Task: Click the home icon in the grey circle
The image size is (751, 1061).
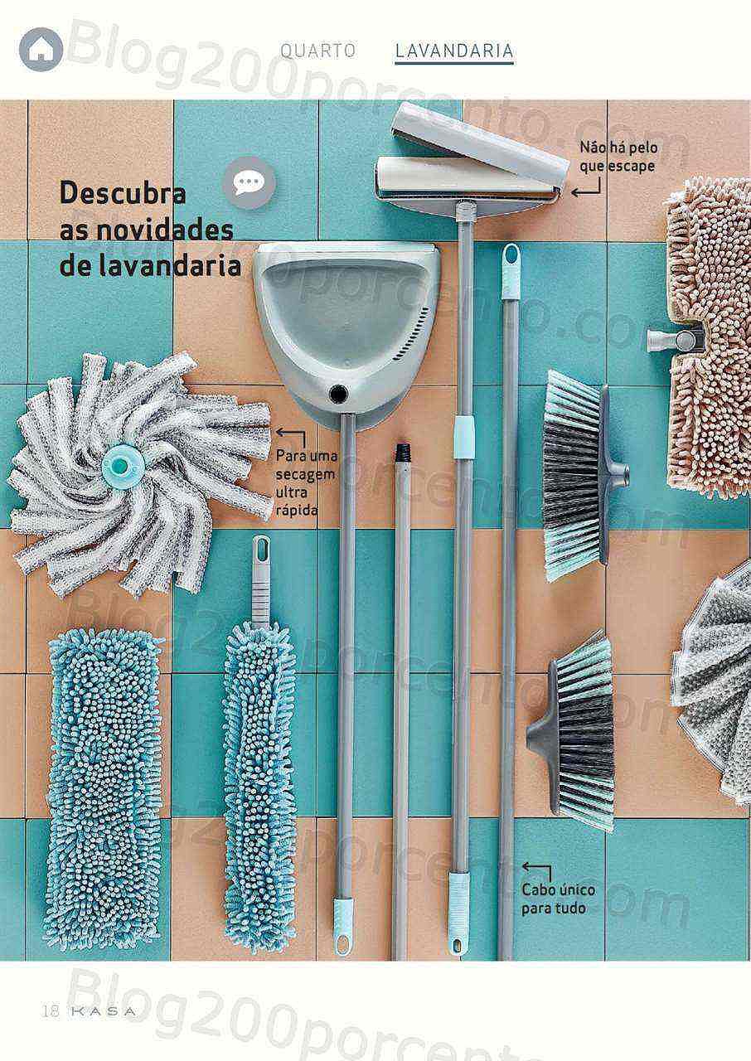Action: point(41,50)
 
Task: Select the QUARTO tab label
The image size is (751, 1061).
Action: point(317,51)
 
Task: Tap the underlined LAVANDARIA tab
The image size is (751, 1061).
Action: point(454,51)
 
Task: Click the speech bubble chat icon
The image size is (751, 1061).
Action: point(250,184)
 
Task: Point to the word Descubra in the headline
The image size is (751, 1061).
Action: point(123,193)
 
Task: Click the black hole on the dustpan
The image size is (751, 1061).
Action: point(338,392)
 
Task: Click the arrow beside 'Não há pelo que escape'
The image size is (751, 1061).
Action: point(586,187)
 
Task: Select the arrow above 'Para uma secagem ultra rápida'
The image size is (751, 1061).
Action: point(291,436)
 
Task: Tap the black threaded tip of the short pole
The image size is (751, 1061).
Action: point(402,453)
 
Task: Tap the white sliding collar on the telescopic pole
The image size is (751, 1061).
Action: point(464,438)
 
